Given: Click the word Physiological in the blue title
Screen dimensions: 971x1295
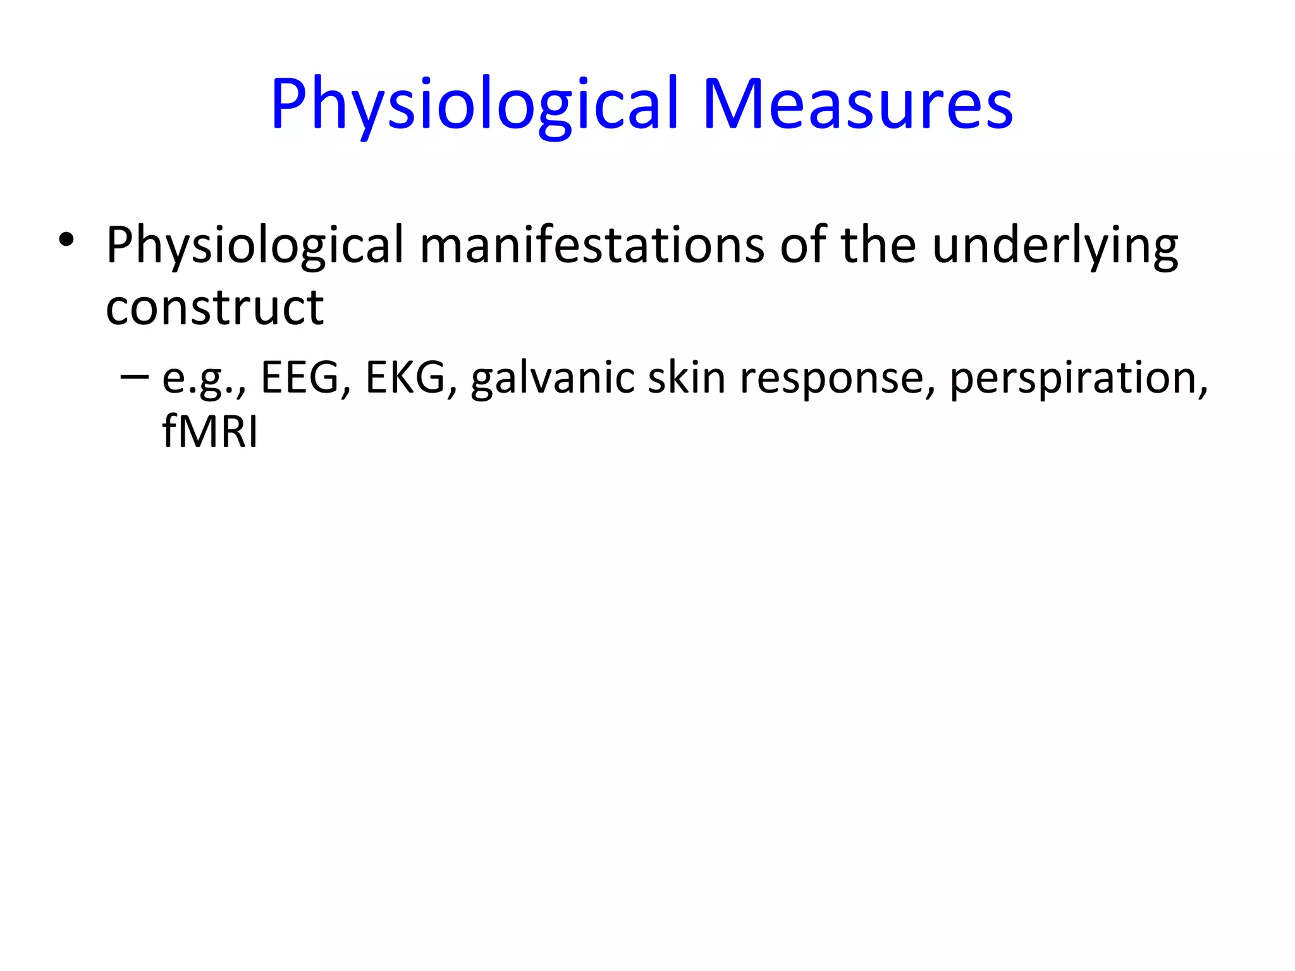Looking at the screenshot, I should click(474, 104).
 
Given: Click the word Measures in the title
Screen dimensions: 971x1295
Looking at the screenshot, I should click(857, 104).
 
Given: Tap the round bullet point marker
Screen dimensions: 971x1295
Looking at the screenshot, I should click(66, 241).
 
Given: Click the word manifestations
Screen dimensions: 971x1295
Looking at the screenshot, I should click(592, 245).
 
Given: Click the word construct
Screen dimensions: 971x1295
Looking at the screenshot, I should click(214, 308).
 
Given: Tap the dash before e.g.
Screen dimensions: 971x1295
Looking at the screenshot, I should click(134, 377).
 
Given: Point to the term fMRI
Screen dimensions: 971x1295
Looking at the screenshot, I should click(209, 432).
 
